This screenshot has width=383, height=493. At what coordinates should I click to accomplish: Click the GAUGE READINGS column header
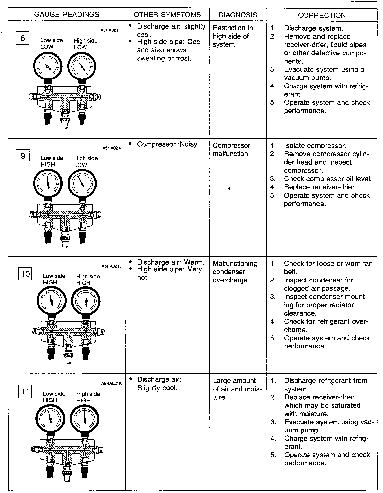[67, 14]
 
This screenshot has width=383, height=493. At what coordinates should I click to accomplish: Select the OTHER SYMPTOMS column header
[167, 15]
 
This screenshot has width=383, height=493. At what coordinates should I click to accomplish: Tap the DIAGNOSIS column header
[238, 15]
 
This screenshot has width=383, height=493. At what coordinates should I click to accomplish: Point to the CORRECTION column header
[322, 15]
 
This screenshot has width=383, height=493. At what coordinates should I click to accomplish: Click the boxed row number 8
[23, 38]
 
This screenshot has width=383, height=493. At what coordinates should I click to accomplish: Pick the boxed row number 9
[23, 156]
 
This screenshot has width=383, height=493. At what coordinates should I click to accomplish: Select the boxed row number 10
[25, 274]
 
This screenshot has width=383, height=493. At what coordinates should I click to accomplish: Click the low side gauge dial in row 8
[48, 66]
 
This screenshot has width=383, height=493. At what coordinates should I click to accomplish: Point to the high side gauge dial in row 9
[82, 184]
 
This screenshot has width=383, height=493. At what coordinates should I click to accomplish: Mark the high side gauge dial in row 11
[84, 419]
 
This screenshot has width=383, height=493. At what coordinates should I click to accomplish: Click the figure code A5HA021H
[111, 30]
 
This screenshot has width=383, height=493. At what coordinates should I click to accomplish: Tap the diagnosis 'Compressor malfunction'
[232, 150]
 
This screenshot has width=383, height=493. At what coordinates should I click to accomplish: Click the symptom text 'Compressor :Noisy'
[167, 144]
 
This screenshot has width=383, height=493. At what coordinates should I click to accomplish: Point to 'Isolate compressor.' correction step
[315, 146]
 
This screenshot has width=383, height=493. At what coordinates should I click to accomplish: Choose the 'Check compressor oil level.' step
[328, 179]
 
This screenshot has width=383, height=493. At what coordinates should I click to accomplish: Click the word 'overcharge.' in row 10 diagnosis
[231, 280]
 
